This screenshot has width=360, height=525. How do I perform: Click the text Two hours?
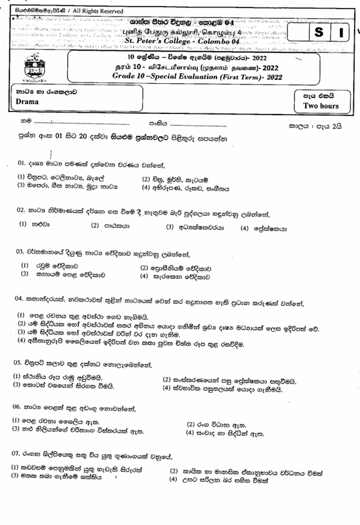click(321, 106)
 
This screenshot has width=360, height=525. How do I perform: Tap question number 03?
click(21, 252)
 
